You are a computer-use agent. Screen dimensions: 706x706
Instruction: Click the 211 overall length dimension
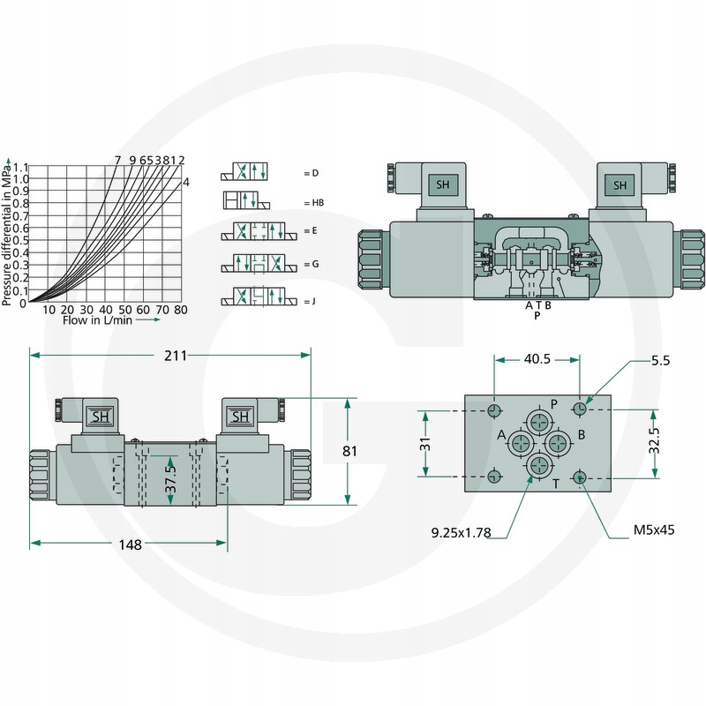[175, 356]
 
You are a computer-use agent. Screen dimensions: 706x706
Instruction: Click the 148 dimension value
[130, 545]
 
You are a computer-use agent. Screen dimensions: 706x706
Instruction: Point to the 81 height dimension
[349, 451]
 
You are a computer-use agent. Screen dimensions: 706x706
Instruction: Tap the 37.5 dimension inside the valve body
[170, 479]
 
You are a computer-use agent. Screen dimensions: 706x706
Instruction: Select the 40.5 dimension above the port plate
[537, 359]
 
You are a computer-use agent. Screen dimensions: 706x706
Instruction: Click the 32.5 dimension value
[654, 440]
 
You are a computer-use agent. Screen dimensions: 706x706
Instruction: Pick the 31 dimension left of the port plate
[425, 444]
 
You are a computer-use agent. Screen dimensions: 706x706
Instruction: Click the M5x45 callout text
[654, 529]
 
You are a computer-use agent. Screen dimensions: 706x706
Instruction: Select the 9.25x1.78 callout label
[461, 533]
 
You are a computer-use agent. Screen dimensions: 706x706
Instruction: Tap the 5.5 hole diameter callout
[660, 360]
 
